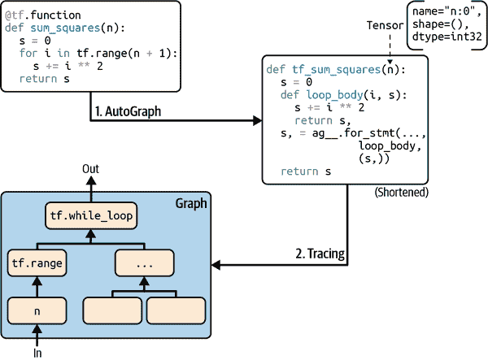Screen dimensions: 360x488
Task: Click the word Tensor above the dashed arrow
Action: pyautogui.click(x=386, y=25)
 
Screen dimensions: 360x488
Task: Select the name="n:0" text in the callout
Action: pyautogui.click(x=444, y=11)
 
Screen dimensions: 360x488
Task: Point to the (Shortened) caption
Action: pyautogui.click(x=400, y=193)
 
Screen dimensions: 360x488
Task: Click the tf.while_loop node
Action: pyautogui.click(x=90, y=217)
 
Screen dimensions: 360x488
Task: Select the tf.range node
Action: pyautogui.click(x=37, y=262)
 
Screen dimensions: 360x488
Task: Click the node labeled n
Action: pyautogui.click(x=37, y=310)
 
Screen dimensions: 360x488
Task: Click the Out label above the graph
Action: pyautogui.click(x=91, y=168)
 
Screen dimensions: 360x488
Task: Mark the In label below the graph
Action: pyautogui.click(x=37, y=353)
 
